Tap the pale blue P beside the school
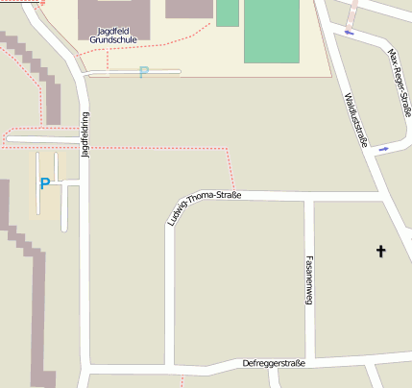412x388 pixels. [x=144, y=72]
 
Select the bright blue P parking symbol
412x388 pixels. [x=44, y=182]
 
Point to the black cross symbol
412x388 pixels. [x=380, y=252]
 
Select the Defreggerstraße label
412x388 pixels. [x=274, y=363]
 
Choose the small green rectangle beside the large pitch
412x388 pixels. [x=228, y=12]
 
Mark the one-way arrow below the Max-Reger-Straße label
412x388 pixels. [x=384, y=149]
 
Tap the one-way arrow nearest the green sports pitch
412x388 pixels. [x=348, y=35]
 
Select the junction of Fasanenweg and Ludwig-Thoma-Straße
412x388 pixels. [x=310, y=199]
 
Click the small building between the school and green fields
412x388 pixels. [x=188, y=9]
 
